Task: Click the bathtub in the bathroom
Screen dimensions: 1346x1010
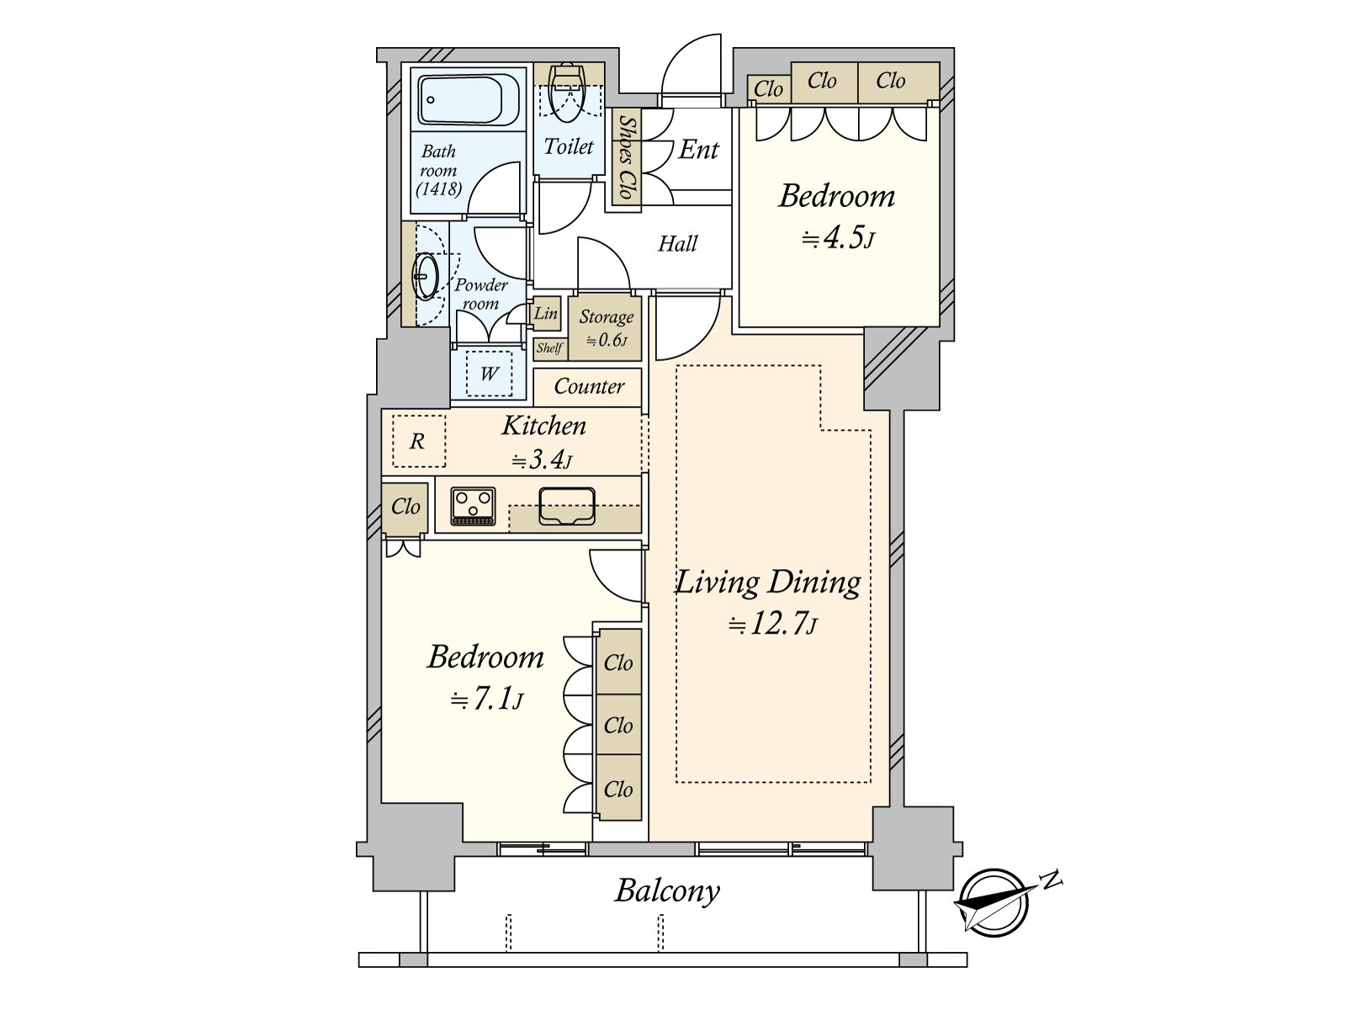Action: [469, 100]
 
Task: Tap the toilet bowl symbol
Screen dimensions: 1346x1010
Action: [567, 93]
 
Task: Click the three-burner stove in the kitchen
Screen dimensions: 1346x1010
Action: [473, 506]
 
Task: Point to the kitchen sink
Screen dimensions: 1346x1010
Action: [567, 506]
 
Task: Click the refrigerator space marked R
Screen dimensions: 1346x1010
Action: [419, 441]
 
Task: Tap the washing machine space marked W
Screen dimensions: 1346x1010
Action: [489, 374]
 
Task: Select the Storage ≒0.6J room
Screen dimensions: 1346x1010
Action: [605, 328]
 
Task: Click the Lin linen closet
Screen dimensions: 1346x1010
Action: [546, 313]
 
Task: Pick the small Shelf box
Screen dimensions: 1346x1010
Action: [549, 348]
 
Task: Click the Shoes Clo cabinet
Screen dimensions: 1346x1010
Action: [626, 158]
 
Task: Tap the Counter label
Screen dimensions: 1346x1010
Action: [589, 386]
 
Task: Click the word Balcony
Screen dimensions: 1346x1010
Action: [667, 891]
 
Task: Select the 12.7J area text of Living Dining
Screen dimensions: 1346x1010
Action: [772, 625]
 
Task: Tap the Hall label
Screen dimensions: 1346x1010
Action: [677, 243]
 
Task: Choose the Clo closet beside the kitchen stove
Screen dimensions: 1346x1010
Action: [405, 508]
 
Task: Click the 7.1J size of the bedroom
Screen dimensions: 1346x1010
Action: [487, 699]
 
